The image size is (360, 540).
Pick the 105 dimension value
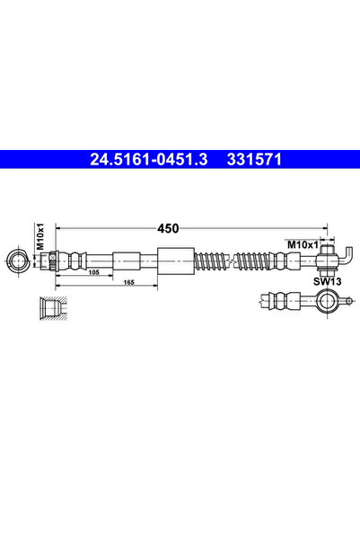click(x=93, y=270)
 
